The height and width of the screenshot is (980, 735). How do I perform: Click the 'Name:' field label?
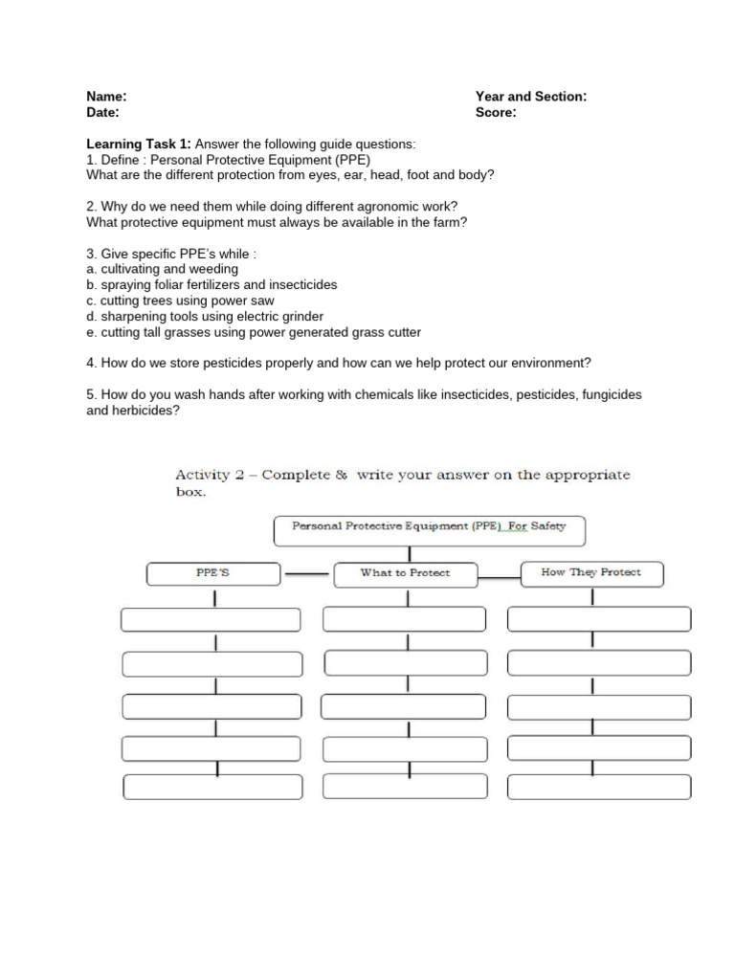pos(106,97)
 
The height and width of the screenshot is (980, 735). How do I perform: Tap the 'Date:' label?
pos(102,112)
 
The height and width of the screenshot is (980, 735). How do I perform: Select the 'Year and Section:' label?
pos(531,97)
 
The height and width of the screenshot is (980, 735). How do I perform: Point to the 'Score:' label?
pos(496,112)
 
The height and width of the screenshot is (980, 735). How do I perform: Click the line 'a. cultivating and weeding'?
pos(162,269)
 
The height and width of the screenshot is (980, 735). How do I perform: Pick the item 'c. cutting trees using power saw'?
pos(180,301)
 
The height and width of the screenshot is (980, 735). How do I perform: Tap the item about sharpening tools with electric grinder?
pos(205,316)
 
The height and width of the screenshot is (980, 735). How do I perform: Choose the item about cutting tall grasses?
pos(254,332)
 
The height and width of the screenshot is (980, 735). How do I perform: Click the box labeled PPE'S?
pos(213,574)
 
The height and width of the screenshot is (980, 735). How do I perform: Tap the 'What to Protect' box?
pos(405,574)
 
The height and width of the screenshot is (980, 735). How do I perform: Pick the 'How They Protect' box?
pos(590,573)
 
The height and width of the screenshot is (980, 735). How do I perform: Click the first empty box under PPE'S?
pos(212,620)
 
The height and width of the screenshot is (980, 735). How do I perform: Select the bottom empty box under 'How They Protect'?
pos(598,787)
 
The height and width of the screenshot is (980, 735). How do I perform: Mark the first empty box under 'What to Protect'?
pos(406,619)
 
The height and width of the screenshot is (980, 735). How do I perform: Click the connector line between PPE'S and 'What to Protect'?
pos(307,575)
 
